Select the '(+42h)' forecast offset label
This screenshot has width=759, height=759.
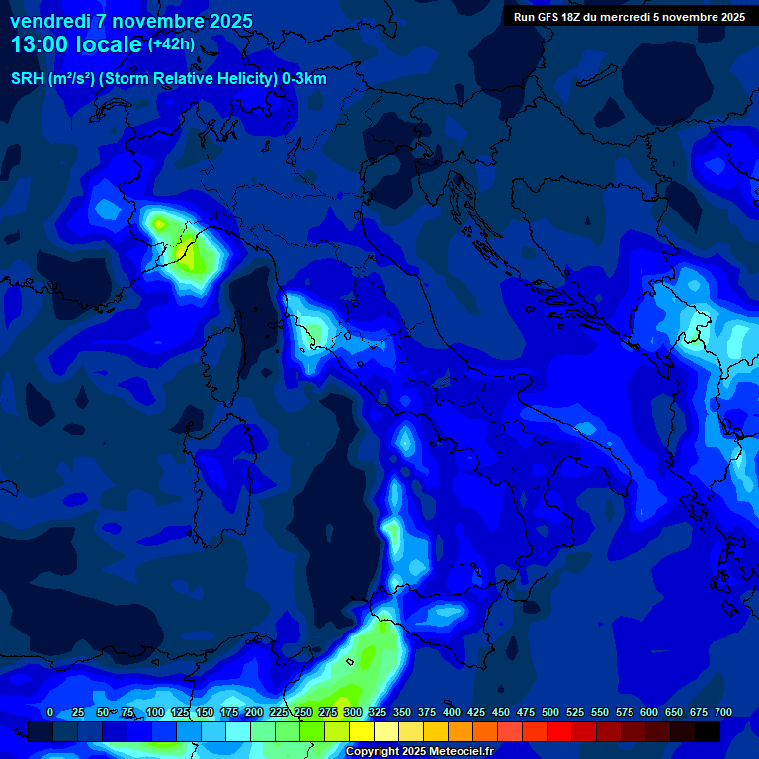click(171, 43)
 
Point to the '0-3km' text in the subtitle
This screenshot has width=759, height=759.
click(303, 79)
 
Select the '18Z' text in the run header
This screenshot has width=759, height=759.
click(580, 17)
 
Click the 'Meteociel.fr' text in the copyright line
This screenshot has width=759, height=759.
click(458, 752)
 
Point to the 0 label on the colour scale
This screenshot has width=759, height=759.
click(50, 712)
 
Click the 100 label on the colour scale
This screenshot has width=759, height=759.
click(154, 712)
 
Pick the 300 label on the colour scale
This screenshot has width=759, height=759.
click(353, 712)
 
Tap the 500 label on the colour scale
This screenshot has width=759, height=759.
click(550, 712)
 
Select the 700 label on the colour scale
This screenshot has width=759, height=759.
click(723, 712)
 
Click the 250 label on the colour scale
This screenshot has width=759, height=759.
click(303, 712)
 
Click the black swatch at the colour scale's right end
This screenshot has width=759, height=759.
click(708, 731)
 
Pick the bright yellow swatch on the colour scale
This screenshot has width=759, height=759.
click(362, 731)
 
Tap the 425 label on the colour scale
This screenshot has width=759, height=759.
click(476, 712)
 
